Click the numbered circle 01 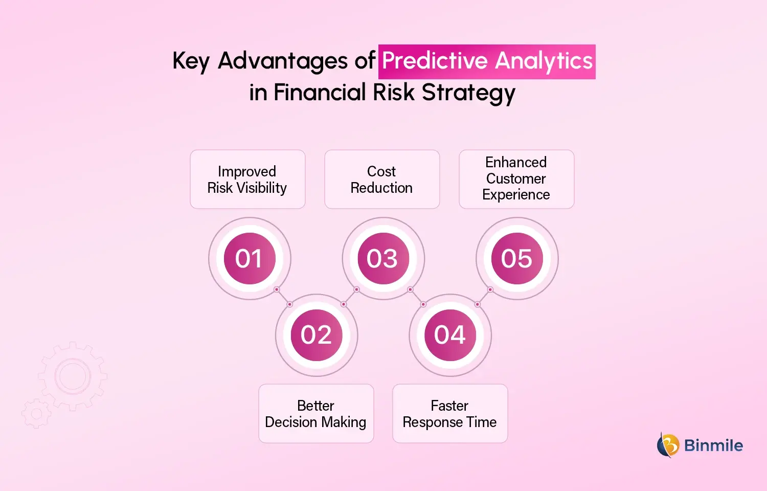coord(250,258)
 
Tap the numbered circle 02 coord(317,335)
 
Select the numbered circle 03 coord(383,258)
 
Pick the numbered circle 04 coord(450,335)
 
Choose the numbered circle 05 coord(517,258)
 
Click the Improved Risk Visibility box coord(247,180)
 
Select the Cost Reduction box coord(382,180)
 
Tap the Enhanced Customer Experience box coord(516,180)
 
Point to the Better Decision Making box coord(316,414)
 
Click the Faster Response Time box coord(450,414)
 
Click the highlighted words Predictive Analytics coord(487,61)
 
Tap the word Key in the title coord(191,61)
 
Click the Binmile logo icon coord(668,444)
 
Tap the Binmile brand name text coord(713,445)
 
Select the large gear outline coord(73,376)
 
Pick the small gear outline coord(36,413)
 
